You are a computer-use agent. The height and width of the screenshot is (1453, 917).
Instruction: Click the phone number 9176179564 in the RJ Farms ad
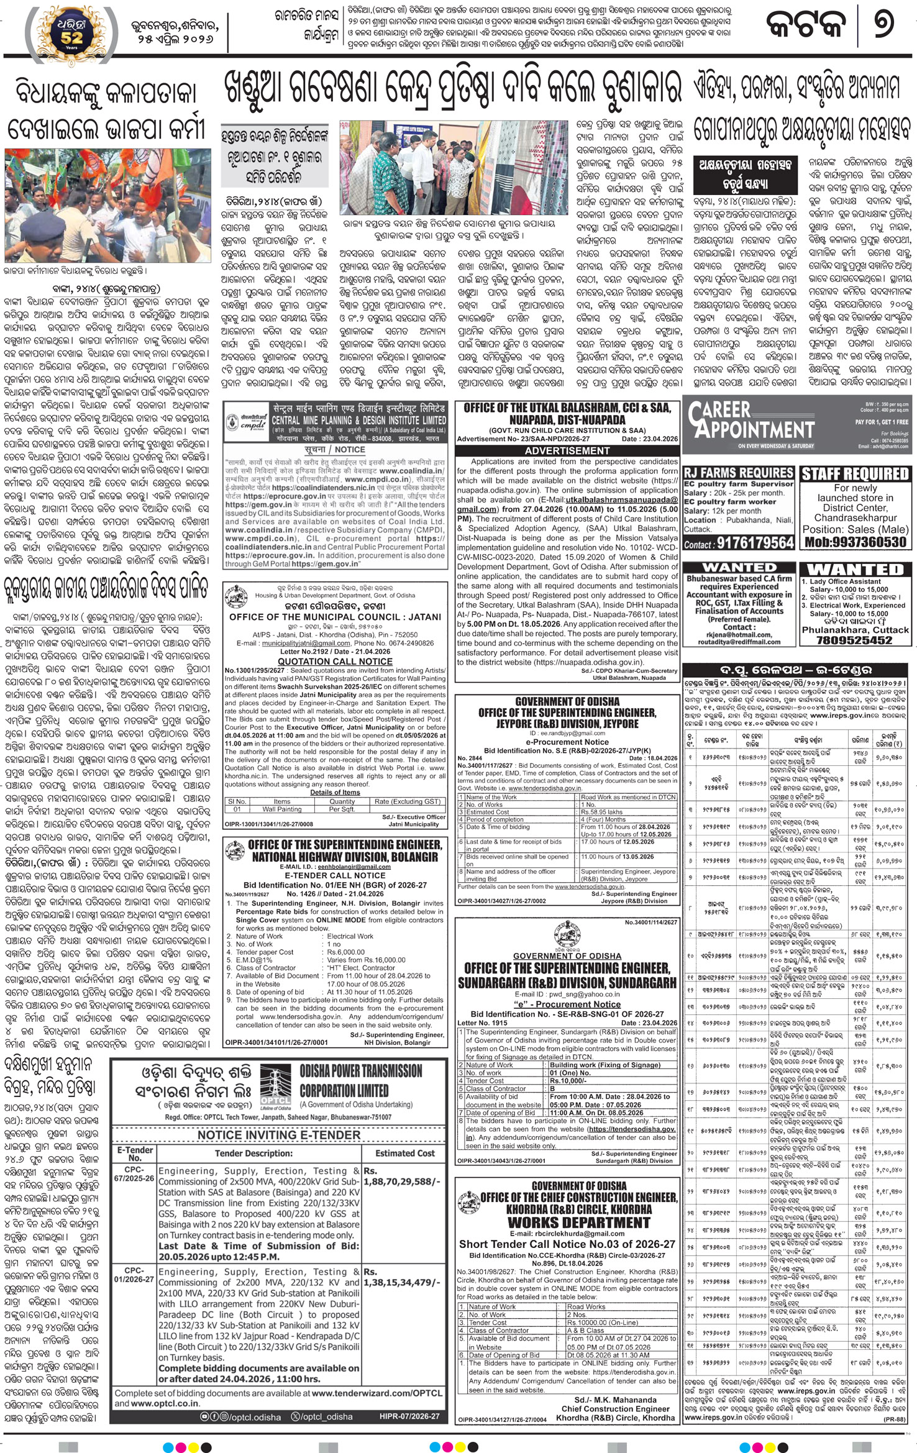755,544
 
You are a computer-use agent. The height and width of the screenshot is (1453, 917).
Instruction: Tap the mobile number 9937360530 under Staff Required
855,542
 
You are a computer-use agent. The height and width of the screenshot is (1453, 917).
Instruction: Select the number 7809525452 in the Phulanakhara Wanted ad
855,640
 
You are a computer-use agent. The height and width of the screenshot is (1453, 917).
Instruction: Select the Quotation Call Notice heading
335,662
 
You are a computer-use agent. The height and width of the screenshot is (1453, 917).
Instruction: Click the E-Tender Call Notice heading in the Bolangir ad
335,875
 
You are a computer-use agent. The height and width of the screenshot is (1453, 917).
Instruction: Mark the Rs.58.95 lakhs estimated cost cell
627,811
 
